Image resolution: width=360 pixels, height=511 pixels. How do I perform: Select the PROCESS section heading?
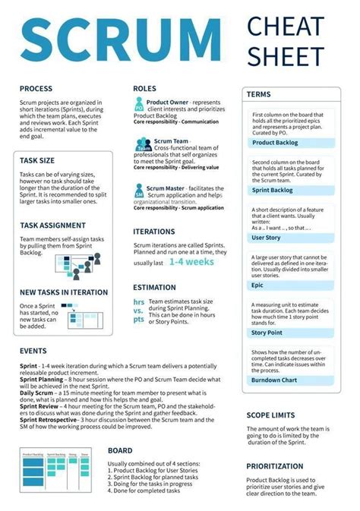(36, 89)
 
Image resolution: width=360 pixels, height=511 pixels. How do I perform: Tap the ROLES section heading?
(144, 89)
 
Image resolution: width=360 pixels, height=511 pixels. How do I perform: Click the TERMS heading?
(257, 94)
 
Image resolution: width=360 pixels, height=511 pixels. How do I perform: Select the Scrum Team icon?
(143, 144)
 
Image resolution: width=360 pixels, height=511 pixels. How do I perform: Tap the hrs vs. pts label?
(139, 311)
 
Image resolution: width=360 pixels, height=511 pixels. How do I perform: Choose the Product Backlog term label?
(274, 142)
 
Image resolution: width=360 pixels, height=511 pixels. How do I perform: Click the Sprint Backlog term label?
(272, 190)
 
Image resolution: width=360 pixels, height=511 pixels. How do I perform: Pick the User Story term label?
(266, 238)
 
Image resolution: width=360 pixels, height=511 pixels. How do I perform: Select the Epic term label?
(258, 285)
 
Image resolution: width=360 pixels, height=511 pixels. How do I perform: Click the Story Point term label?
(267, 332)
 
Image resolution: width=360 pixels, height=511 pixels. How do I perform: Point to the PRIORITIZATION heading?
(280, 465)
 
